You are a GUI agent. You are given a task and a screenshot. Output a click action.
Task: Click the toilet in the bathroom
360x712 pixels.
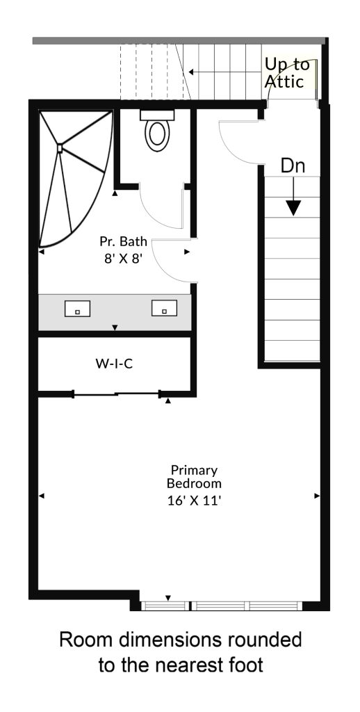click(x=157, y=131)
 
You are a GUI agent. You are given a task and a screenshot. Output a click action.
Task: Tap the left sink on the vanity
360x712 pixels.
click(x=77, y=309)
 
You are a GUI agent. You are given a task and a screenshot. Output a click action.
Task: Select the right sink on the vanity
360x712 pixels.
click(x=164, y=308)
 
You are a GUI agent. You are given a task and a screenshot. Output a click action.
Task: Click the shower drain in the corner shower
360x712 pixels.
click(x=60, y=147)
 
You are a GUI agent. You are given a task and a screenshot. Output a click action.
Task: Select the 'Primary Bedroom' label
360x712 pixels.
click(x=195, y=476)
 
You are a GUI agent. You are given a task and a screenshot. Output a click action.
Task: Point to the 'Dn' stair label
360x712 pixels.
click(x=293, y=165)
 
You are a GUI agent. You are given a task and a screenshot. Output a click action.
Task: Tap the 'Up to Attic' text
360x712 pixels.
click(x=287, y=72)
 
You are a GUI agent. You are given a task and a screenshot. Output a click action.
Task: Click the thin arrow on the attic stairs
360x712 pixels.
click(x=226, y=72)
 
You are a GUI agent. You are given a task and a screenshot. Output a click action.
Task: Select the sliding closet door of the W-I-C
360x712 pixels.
click(x=117, y=394)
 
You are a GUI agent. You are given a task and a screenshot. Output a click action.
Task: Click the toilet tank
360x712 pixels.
click(x=158, y=115)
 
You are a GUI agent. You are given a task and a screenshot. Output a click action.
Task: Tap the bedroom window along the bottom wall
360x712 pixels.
click(x=221, y=606)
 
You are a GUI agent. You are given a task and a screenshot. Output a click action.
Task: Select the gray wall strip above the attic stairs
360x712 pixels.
click(x=179, y=41)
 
